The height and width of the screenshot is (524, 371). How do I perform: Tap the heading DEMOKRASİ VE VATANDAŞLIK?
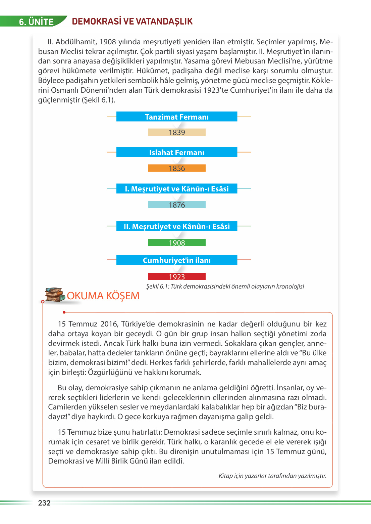coord(132,21)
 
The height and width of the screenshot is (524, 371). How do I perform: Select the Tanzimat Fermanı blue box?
coord(177,117)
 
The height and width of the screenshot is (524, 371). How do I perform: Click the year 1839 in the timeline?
coord(177,132)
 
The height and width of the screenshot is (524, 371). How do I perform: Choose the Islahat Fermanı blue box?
coord(177,152)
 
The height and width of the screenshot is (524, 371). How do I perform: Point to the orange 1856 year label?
coord(177,168)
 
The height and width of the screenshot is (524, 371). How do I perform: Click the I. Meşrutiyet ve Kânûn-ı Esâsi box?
coord(177,188)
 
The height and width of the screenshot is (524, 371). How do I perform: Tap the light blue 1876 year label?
coord(177,205)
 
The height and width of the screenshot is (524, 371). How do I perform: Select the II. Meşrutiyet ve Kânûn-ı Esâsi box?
coord(177,226)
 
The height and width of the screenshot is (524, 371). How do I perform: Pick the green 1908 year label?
coord(177,243)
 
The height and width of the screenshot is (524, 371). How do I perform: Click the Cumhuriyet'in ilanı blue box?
coord(177,260)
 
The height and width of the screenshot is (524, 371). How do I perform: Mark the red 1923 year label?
coord(177,277)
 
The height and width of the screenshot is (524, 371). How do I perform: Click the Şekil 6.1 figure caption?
coord(225,287)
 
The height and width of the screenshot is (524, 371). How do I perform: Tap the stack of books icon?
coord(55,295)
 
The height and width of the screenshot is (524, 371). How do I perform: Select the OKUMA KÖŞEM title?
coord(103,296)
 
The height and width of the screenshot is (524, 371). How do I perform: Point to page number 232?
coord(44,503)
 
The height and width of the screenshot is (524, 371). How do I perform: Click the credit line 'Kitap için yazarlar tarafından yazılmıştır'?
coord(272,476)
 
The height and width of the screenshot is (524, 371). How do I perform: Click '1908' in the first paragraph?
coord(108,42)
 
